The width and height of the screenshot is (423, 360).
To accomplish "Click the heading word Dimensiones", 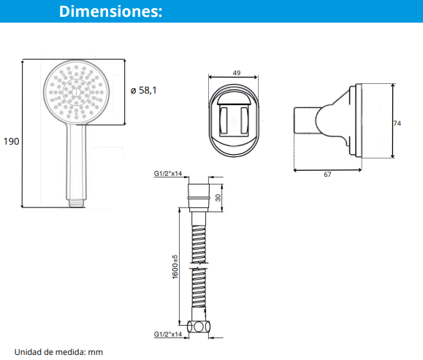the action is pos(110,12).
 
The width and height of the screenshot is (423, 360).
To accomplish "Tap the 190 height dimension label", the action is pos(11,142).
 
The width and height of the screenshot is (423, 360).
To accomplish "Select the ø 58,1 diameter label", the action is pos(143,91).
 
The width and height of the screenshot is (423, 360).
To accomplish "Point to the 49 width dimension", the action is pos(237,73).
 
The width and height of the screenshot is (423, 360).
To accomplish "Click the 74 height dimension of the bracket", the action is pos(397,123).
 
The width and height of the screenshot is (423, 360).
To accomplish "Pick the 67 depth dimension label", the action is pos(327,175).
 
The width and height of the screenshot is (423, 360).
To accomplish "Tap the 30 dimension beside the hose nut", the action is pos(218,198).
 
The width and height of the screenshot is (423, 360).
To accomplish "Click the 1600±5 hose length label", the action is pos(175,267).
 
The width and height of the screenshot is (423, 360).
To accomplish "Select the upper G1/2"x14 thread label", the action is pos(168,173).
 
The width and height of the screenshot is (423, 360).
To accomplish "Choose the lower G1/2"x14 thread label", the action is pos(168,334).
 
